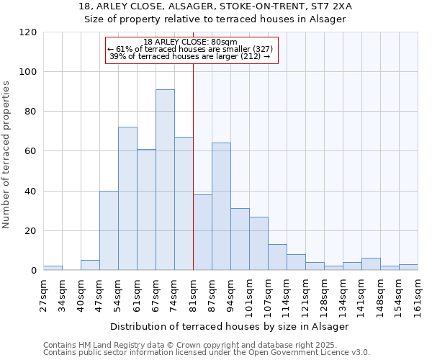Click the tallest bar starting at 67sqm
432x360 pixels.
pos(165,180)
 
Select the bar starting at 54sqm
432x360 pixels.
pos(127,199)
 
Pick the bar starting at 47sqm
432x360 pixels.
pos(109,230)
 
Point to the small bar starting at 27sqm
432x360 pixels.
pos(53,268)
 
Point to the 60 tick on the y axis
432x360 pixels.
pos(31,151)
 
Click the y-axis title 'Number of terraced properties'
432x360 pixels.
pos(6,155)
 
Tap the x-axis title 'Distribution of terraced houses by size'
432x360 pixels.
pos(230,326)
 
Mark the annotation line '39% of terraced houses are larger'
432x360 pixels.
pos(189,56)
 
